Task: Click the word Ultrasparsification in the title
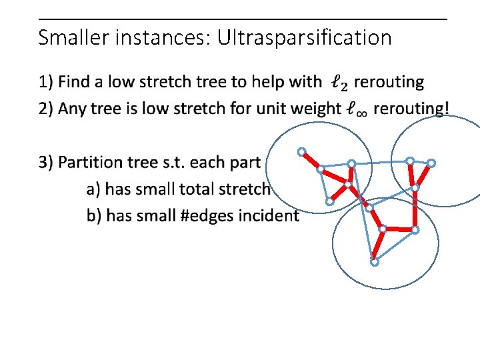click(x=307, y=38)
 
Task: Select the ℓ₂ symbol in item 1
click(x=339, y=83)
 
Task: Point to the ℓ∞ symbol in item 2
click(x=357, y=109)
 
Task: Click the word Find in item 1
click(x=73, y=82)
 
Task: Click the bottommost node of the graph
click(x=375, y=262)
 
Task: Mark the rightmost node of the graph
click(x=431, y=163)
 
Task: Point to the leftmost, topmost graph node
click(x=301, y=151)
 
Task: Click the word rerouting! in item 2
click(x=411, y=108)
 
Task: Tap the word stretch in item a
click(x=245, y=189)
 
